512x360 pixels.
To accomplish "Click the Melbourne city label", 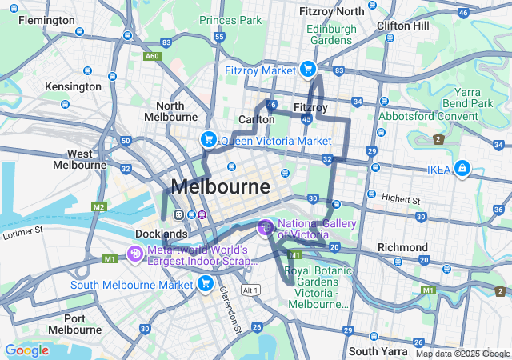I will [221, 187].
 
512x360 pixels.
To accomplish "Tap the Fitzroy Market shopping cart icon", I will [306, 70].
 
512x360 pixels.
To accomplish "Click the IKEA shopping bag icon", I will [462, 169].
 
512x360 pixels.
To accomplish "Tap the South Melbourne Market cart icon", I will [206, 284].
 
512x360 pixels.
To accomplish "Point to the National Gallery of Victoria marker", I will [265, 229].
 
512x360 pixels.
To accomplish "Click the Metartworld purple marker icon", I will [135, 254].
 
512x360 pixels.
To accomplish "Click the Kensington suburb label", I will [73, 86].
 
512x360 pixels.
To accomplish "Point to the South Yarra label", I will [374, 351].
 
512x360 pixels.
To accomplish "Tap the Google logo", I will [26, 350].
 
